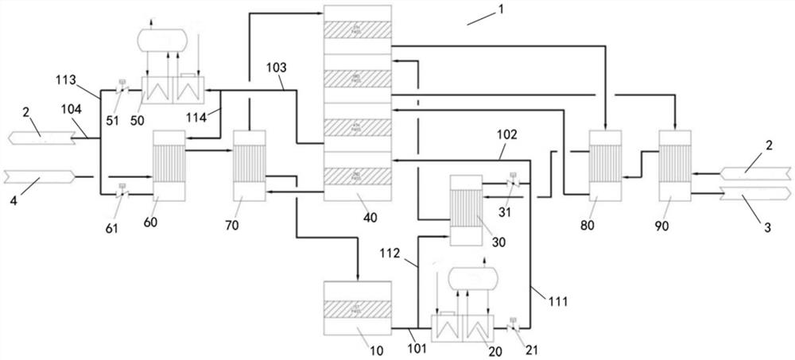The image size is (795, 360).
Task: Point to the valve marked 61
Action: pos(122,190)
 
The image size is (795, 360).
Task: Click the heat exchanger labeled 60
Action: pos(169,166)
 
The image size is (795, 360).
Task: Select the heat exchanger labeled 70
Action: pos(249,165)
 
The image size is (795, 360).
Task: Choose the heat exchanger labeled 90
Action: pos(674,165)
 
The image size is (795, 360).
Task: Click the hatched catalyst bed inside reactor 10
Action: pos(358,305)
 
